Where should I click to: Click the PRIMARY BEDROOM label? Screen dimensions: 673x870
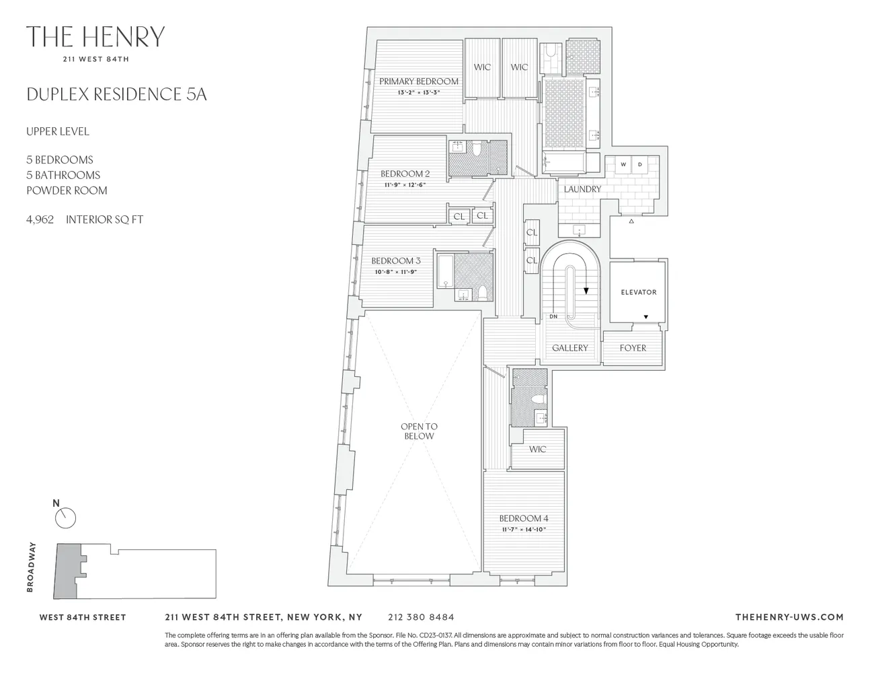(418, 81)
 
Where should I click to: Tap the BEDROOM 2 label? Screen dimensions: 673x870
(405, 174)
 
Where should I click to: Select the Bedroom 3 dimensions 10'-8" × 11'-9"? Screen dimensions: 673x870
(395, 273)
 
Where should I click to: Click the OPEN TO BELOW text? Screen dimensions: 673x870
(418, 431)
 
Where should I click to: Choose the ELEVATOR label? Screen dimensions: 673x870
(638, 292)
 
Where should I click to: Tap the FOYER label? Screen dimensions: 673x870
(633, 348)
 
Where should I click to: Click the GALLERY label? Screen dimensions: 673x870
(569, 348)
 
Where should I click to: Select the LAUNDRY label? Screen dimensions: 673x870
(582, 189)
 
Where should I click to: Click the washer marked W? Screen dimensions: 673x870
(623, 165)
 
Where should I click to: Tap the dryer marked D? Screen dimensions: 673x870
(639, 165)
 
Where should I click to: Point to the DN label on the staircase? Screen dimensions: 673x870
(553, 316)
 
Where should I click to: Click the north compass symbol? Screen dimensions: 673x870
(65, 516)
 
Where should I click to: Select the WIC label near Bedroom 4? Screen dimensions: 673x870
(537, 449)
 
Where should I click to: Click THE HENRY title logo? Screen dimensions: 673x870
(95, 37)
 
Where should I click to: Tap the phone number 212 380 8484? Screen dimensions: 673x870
(421, 617)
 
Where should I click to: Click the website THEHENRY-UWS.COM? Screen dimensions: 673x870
(789, 617)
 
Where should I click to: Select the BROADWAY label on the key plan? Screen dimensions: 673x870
(30, 568)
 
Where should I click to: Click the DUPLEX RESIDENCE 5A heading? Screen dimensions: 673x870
(116, 94)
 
